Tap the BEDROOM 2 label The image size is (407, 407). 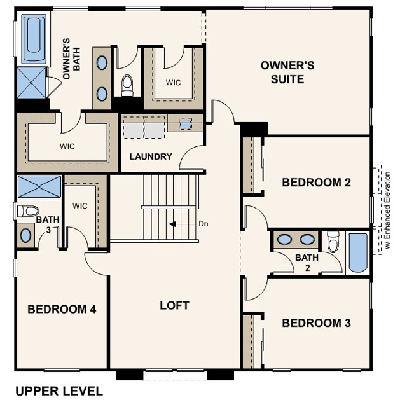coord(316,183)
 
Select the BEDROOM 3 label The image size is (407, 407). coord(316,323)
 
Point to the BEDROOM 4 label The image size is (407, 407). coord(62,309)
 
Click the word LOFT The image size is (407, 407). coord(174,305)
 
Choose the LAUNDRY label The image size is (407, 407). coord(151,156)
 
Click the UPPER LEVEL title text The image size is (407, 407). coord(59,390)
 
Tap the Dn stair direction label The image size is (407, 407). coord(203,224)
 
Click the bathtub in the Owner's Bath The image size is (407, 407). coord(34,39)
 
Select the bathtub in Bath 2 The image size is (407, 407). coord(358,252)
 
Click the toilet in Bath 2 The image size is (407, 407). coord(333,242)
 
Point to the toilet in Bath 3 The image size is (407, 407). coord(27,210)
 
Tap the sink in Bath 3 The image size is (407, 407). coord(26,235)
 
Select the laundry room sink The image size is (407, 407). coord(185,124)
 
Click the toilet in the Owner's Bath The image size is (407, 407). coord(127,84)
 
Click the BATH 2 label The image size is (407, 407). coord(307,261)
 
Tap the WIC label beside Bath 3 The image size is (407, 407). coord(79,206)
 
